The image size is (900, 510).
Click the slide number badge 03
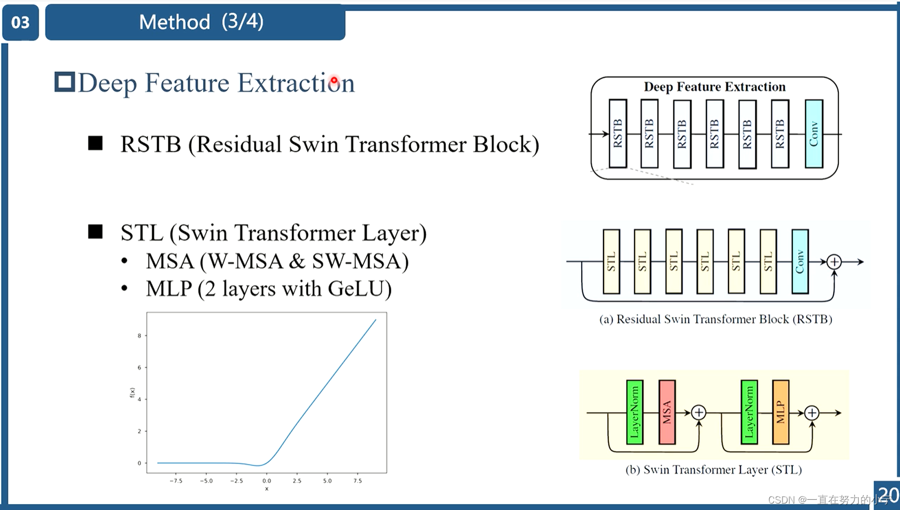[20, 23]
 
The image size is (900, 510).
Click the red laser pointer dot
[334, 81]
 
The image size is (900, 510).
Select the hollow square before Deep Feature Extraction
[64, 82]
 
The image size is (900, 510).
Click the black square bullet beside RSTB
[95, 143]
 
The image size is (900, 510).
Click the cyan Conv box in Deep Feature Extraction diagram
[814, 134]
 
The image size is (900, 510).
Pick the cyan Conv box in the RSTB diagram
[800, 262]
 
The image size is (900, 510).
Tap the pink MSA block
[667, 412]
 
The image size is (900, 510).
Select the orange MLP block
[780, 412]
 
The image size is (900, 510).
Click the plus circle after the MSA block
[698, 412]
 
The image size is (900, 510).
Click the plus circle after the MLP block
[812, 412]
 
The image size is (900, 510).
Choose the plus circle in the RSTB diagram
[834, 262]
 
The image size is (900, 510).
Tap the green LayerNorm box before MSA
[635, 412]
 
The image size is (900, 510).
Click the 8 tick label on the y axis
[139, 336]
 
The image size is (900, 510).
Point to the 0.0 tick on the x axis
[266, 481]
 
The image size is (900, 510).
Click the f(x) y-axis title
[132, 393]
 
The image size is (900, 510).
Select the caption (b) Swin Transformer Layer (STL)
[713, 470]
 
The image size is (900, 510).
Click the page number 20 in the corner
[888, 494]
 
